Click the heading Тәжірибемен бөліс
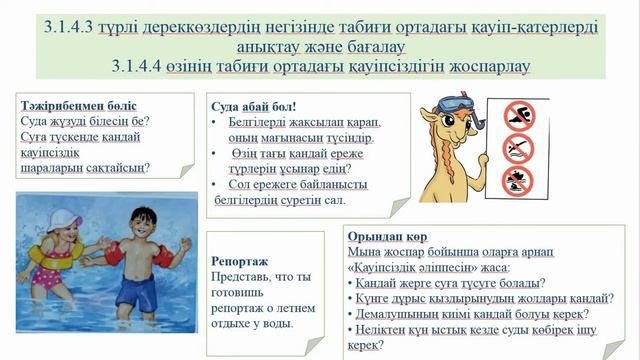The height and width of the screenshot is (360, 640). pos(78,105)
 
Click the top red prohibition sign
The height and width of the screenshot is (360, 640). pos(518,113)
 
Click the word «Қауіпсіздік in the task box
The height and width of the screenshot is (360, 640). pos(394,268)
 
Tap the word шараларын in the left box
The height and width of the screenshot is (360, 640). pos(51,167)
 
